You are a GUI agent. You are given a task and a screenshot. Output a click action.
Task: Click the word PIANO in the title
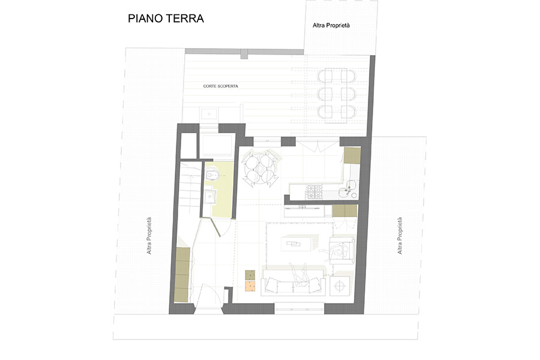[x=145, y=18]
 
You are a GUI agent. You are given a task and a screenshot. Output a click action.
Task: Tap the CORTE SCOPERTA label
[x=220, y=86]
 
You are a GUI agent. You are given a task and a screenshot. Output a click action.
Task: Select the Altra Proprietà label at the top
[x=331, y=25]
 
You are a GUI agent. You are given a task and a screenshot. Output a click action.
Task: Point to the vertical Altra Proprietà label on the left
[x=149, y=236]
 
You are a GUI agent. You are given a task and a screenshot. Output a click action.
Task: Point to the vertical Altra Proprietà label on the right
[x=400, y=236]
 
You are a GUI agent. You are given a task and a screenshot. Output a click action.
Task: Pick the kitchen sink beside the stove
[x=347, y=189]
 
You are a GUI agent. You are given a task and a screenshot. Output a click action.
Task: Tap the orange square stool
[x=250, y=286]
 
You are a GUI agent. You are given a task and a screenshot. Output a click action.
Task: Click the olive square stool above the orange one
[x=250, y=275]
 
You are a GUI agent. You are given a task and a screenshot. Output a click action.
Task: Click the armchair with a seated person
[x=341, y=249]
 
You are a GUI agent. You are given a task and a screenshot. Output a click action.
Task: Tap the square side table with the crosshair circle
[x=340, y=286]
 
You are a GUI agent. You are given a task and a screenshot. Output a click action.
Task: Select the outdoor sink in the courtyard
[x=209, y=113]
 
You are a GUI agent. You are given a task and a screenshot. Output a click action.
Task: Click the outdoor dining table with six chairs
[x=336, y=95]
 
